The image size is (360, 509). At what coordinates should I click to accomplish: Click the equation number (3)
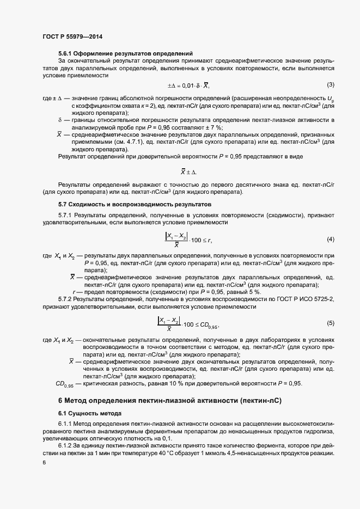pyautogui.click(x=330, y=84)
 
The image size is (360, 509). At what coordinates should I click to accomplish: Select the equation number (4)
pyautogui.click(x=330, y=240)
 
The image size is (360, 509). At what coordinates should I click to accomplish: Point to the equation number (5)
pyautogui.click(x=330, y=323)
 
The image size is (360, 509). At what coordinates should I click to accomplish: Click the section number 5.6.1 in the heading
pyautogui.click(x=67, y=53)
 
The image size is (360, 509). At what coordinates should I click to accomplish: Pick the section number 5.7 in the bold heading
pyautogui.click(x=64, y=204)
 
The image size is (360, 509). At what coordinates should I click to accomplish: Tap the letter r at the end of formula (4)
pyautogui.click(x=210, y=241)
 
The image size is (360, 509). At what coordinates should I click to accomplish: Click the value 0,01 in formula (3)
pyautogui.click(x=188, y=85)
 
